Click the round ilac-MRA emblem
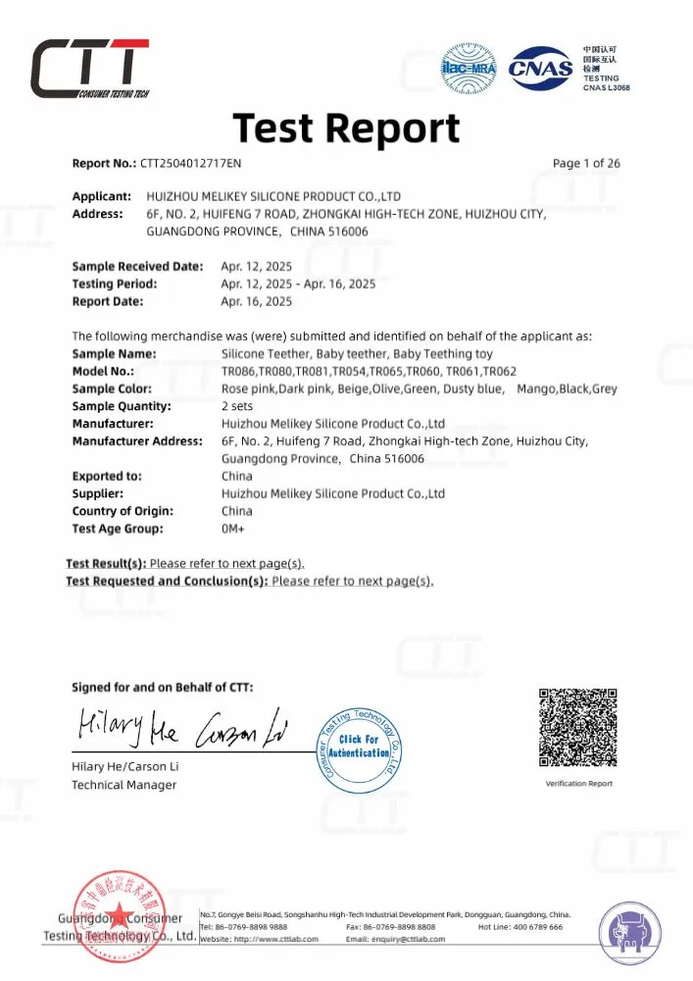point(469,69)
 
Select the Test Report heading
point(346,129)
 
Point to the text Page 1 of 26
point(586,163)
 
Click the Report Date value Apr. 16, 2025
point(257,301)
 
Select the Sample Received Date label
point(137,266)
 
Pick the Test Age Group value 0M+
point(233,529)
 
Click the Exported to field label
point(107,476)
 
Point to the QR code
point(578,728)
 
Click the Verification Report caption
point(578,784)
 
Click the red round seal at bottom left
point(119,919)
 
